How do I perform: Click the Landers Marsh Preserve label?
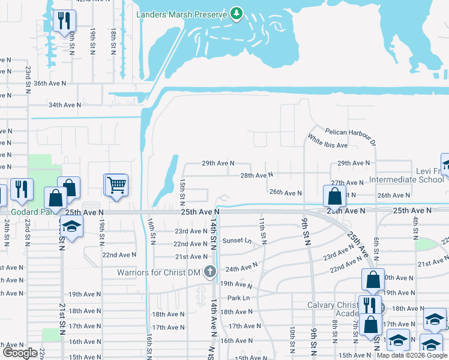(x=182, y=14)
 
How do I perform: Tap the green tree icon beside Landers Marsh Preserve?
(x=237, y=13)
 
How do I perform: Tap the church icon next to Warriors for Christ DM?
(x=209, y=272)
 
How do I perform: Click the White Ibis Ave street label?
(x=328, y=145)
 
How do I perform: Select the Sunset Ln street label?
(x=236, y=241)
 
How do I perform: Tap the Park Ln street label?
(x=238, y=298)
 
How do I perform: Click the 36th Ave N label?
(x=50, y=83)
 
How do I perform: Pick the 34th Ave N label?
(x=65, y=105)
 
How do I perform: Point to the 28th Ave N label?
(x=256, y=175)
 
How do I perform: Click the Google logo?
(x=19, y=353)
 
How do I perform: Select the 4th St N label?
(x=415, y=227)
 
